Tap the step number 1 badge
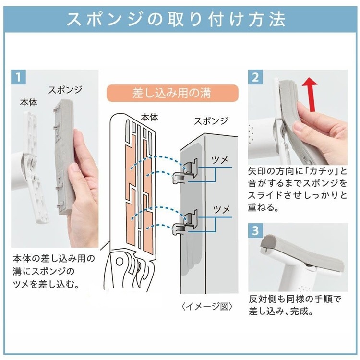(18, 77)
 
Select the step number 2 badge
(255, 77)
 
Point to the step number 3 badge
(255, 230)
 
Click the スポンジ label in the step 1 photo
(66, 90)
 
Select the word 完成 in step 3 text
(303, 311)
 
